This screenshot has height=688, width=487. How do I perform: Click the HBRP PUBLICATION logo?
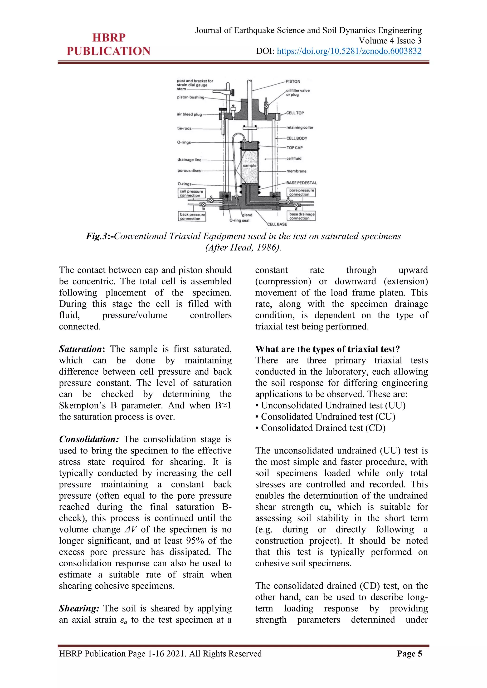[109, 44]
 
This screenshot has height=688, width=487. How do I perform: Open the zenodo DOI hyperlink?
[349, 51]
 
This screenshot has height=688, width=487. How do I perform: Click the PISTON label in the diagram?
[293, 81]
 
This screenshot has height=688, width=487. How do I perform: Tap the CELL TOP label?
[295, 113]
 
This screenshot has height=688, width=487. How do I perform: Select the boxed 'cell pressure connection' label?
[191, 193]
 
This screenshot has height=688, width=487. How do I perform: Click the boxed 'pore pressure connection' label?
[301, 192]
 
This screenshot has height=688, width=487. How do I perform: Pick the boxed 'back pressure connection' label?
[192, 216]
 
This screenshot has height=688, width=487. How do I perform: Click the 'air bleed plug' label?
[189, 115]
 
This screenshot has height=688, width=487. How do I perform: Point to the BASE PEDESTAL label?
[301, 183]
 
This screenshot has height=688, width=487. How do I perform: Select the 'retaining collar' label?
[300, 127]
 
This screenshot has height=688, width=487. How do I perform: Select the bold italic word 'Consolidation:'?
[89, 439]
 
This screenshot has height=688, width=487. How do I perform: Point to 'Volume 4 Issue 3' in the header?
[390, 41]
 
